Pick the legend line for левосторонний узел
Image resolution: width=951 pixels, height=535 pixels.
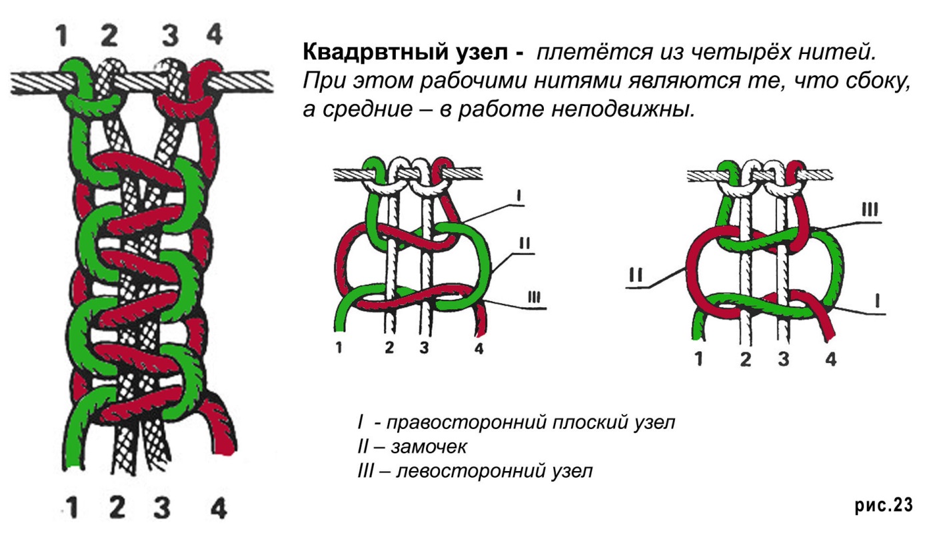(475, 471)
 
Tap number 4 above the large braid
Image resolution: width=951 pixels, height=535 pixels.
(214, 34)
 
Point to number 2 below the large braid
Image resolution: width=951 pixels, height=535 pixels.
(117, 508)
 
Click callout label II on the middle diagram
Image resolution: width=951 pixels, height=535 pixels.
(524, 243)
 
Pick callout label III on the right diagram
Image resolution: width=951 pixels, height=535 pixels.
(869, 210)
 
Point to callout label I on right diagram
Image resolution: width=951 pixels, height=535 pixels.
(877, 301)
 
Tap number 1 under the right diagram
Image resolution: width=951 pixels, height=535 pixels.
(698, 359)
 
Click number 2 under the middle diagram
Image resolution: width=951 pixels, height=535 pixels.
(390, 347)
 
